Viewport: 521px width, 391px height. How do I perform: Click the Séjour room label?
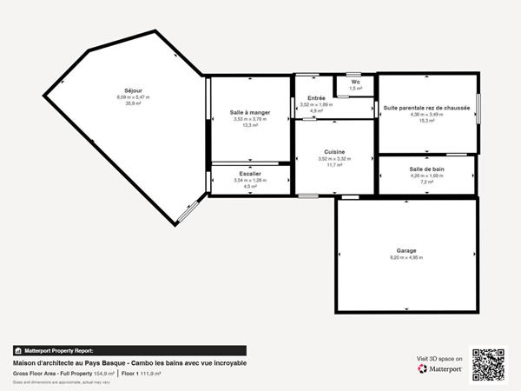(x=133, y=90)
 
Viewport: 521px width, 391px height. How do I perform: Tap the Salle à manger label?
(x=250, y=113)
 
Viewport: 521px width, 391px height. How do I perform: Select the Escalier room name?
(x=250, y=174)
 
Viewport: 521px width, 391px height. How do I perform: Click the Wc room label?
(x=356, y=83)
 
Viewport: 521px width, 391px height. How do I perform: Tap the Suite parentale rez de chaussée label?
(x=426, y=108)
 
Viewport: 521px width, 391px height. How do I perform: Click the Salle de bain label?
(x=426, y=169)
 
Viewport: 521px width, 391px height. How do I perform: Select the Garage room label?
(x=406, y=251)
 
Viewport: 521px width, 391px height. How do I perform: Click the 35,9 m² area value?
(x=133, y=103)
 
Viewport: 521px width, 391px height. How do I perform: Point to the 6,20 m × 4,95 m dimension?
(x=406, y=258)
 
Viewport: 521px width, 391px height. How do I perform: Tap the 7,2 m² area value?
(x=426, y=182)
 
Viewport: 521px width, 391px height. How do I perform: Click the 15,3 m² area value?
(x=426, y=121)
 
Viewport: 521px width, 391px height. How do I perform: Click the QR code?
(x=488, y=364)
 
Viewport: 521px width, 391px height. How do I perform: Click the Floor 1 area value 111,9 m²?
(x=150, y=373)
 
